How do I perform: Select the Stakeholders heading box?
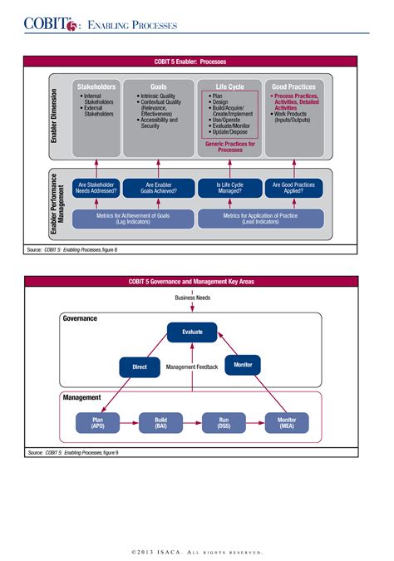[x=96, y=86]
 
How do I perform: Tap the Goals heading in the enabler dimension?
[x=158, y=86]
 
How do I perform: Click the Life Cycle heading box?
[x=229, y=86]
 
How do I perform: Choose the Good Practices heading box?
[x=293, y=86]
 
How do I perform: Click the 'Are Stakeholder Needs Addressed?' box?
[x=96, y=188]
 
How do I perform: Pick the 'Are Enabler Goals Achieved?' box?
[x=158, y=188]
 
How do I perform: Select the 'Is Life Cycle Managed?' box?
[x=229, y=188]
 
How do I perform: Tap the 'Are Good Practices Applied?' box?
[x=293, y=188]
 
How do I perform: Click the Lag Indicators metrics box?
[x=134, y=219]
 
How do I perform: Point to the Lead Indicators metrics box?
[x=260, y=219]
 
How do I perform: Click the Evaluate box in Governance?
[x=192, y=332]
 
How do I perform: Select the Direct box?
[x=140, y=365]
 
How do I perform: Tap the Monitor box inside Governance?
[x=243, y=364]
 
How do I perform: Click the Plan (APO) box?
[x=96, y=423]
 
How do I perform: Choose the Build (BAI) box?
[x=160, y=423]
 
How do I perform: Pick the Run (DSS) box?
[x=225, y=423]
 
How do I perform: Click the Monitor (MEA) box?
[x=287, y=423]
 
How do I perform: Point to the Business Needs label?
[x=192, y=297]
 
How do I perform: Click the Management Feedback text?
[x=192, y=367]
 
